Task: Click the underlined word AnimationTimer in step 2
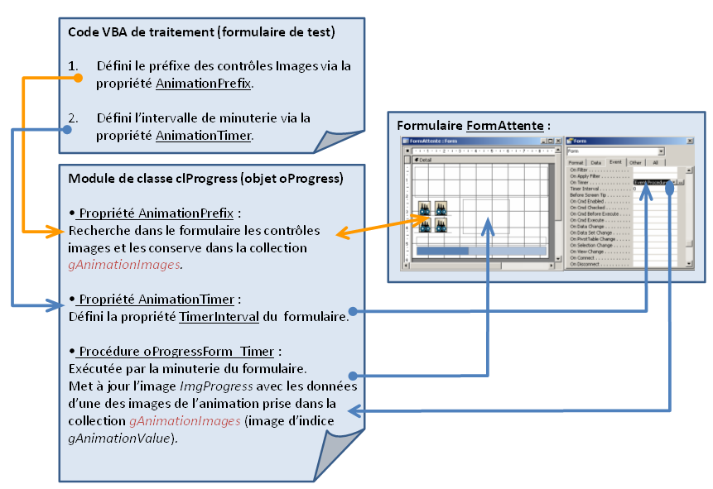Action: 203,135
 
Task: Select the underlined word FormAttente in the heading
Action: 504,126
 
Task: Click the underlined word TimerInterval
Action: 211,315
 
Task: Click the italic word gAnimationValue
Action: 121,438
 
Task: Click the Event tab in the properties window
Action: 615,163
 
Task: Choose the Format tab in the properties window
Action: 576,163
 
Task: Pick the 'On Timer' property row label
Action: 579,182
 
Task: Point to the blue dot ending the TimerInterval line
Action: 353,312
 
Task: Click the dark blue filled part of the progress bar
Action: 442,251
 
